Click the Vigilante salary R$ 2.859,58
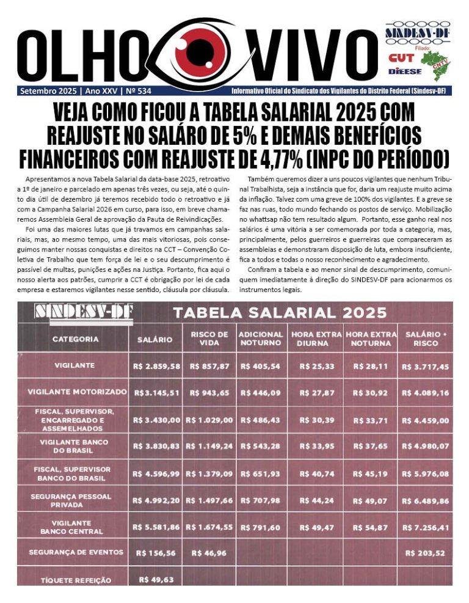click(x=156, y=366)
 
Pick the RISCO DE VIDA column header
click(x=209, y=338)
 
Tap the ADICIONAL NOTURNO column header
click(x=261, y=338)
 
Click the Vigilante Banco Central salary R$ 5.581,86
click(x=156, y=526)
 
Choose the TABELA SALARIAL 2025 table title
click(x=280, y=313)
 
